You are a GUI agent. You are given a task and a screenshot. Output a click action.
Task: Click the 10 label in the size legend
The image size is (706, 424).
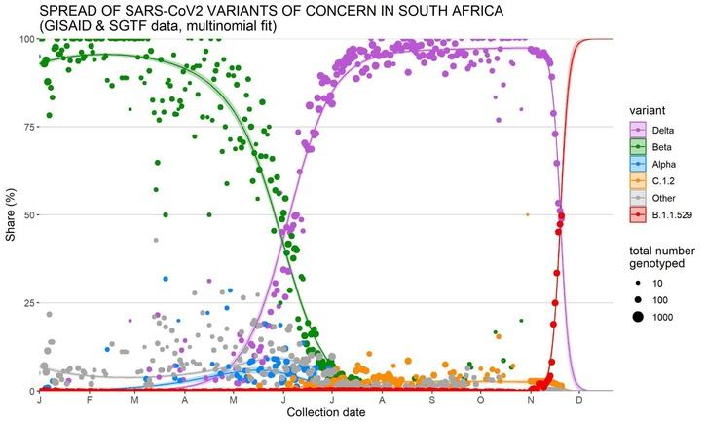coord(658,282)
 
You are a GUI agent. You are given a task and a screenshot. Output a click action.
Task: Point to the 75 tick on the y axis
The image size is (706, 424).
coord(27,127)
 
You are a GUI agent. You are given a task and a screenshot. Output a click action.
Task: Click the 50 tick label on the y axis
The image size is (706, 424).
coord(27,214)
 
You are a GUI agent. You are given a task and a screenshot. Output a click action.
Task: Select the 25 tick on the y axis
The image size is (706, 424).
coord(27,303)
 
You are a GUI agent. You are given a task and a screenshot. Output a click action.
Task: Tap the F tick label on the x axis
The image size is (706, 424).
coord(89,401)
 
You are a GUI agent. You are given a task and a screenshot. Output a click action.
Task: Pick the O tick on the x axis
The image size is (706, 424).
coord(481,401)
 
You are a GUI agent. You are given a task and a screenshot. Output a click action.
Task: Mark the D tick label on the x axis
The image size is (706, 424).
coord(580,401)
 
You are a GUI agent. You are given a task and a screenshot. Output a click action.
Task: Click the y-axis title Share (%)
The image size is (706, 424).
coord(11,214)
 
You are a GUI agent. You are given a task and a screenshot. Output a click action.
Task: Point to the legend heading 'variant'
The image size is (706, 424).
coord(644,108)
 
